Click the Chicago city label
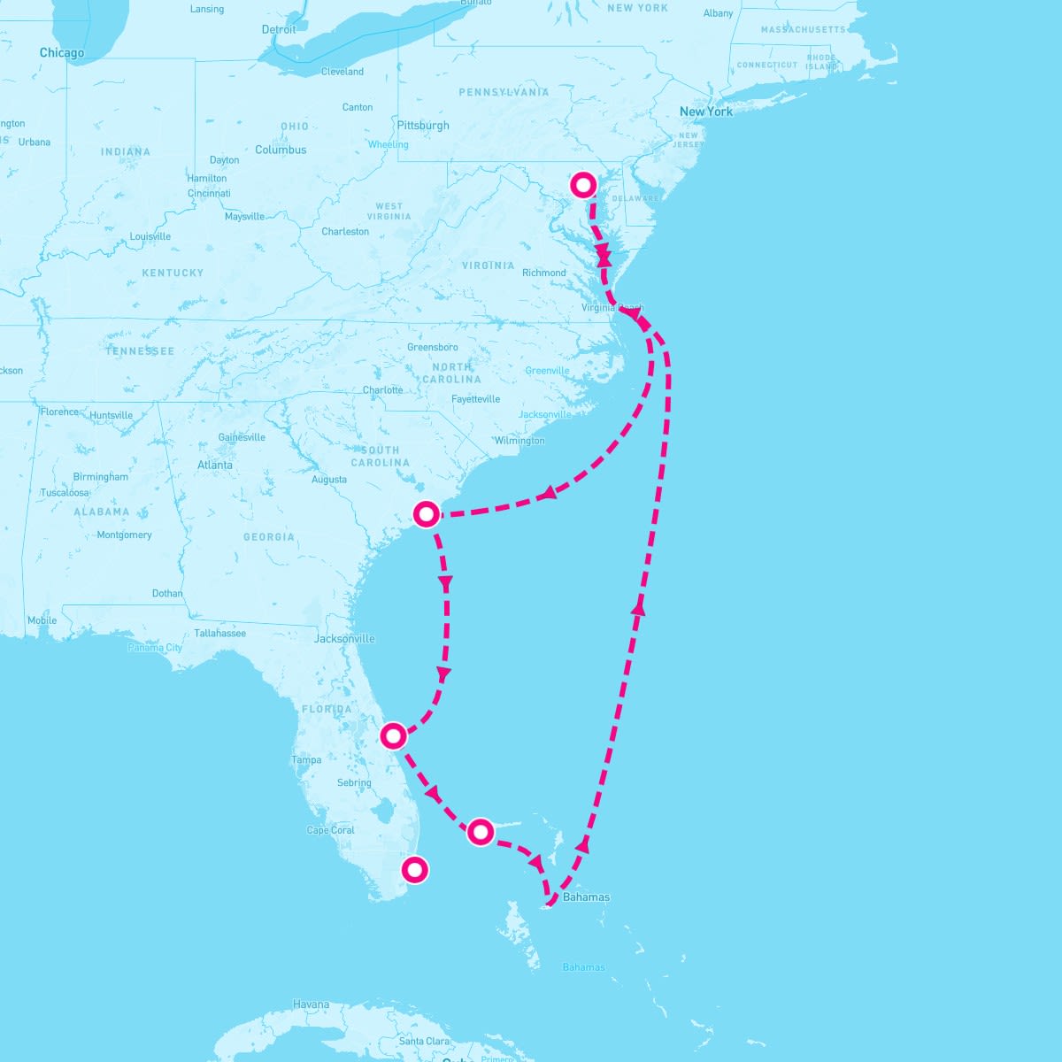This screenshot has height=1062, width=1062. tap(62, 53)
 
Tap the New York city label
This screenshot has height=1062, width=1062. tap(705, 112)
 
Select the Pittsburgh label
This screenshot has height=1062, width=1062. tap(423, 126)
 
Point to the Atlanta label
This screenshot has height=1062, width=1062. tap(215, 465)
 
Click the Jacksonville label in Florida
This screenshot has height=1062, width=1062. tap(344, 638)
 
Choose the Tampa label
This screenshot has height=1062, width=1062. tap(306, 760)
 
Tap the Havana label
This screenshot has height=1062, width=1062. tap(311, 1004)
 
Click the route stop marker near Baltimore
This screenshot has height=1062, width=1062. tap(583, 185)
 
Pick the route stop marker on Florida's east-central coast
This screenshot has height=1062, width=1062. tap(393, 735)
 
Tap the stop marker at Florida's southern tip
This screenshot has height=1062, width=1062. tap(413, 869)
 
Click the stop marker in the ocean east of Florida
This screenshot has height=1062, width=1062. tap(480, 831)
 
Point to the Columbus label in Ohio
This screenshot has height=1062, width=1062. tap(281, 150)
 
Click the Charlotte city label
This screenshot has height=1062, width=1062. tap(382, 390)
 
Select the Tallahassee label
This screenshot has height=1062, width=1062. tap(220, 634)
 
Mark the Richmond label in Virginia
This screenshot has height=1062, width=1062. tap(543, 273)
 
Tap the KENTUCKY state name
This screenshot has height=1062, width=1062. tap(173, 273)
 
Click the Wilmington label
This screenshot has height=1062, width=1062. tap(519, 441)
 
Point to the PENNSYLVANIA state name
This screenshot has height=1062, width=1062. tap(504, 92)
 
